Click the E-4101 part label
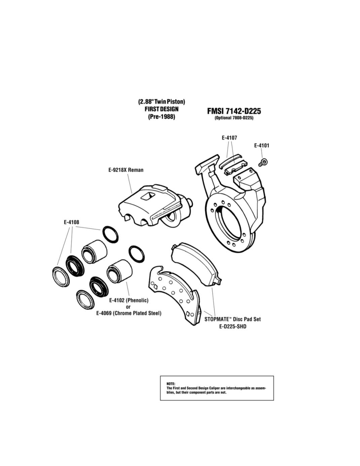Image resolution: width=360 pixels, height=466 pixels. [x=262, y=146]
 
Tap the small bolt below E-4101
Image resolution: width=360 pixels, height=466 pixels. [x=263, y=162]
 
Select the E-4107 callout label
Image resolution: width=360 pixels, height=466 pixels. [x=230, y=138]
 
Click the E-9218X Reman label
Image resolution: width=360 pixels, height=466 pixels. [x=126, y=170]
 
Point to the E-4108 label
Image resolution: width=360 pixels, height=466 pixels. [x=71, y=222]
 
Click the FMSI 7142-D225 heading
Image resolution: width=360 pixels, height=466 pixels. [x=234, y=111]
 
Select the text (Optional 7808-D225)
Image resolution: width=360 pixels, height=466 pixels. [x=234, y=118]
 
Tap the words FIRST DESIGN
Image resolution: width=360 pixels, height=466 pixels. [x=161, y=109]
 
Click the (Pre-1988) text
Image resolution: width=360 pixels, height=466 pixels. [x=161, y=117]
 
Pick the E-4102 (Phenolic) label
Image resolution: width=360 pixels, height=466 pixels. [x=129, y=300]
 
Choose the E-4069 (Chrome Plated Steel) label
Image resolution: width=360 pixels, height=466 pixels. [x=129, y=313]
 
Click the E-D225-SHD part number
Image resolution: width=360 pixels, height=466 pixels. [x=233, y=326]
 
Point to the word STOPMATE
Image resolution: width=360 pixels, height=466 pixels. [x=217, y=319]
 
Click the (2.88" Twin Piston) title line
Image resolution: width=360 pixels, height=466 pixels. [x=161, y=101]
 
